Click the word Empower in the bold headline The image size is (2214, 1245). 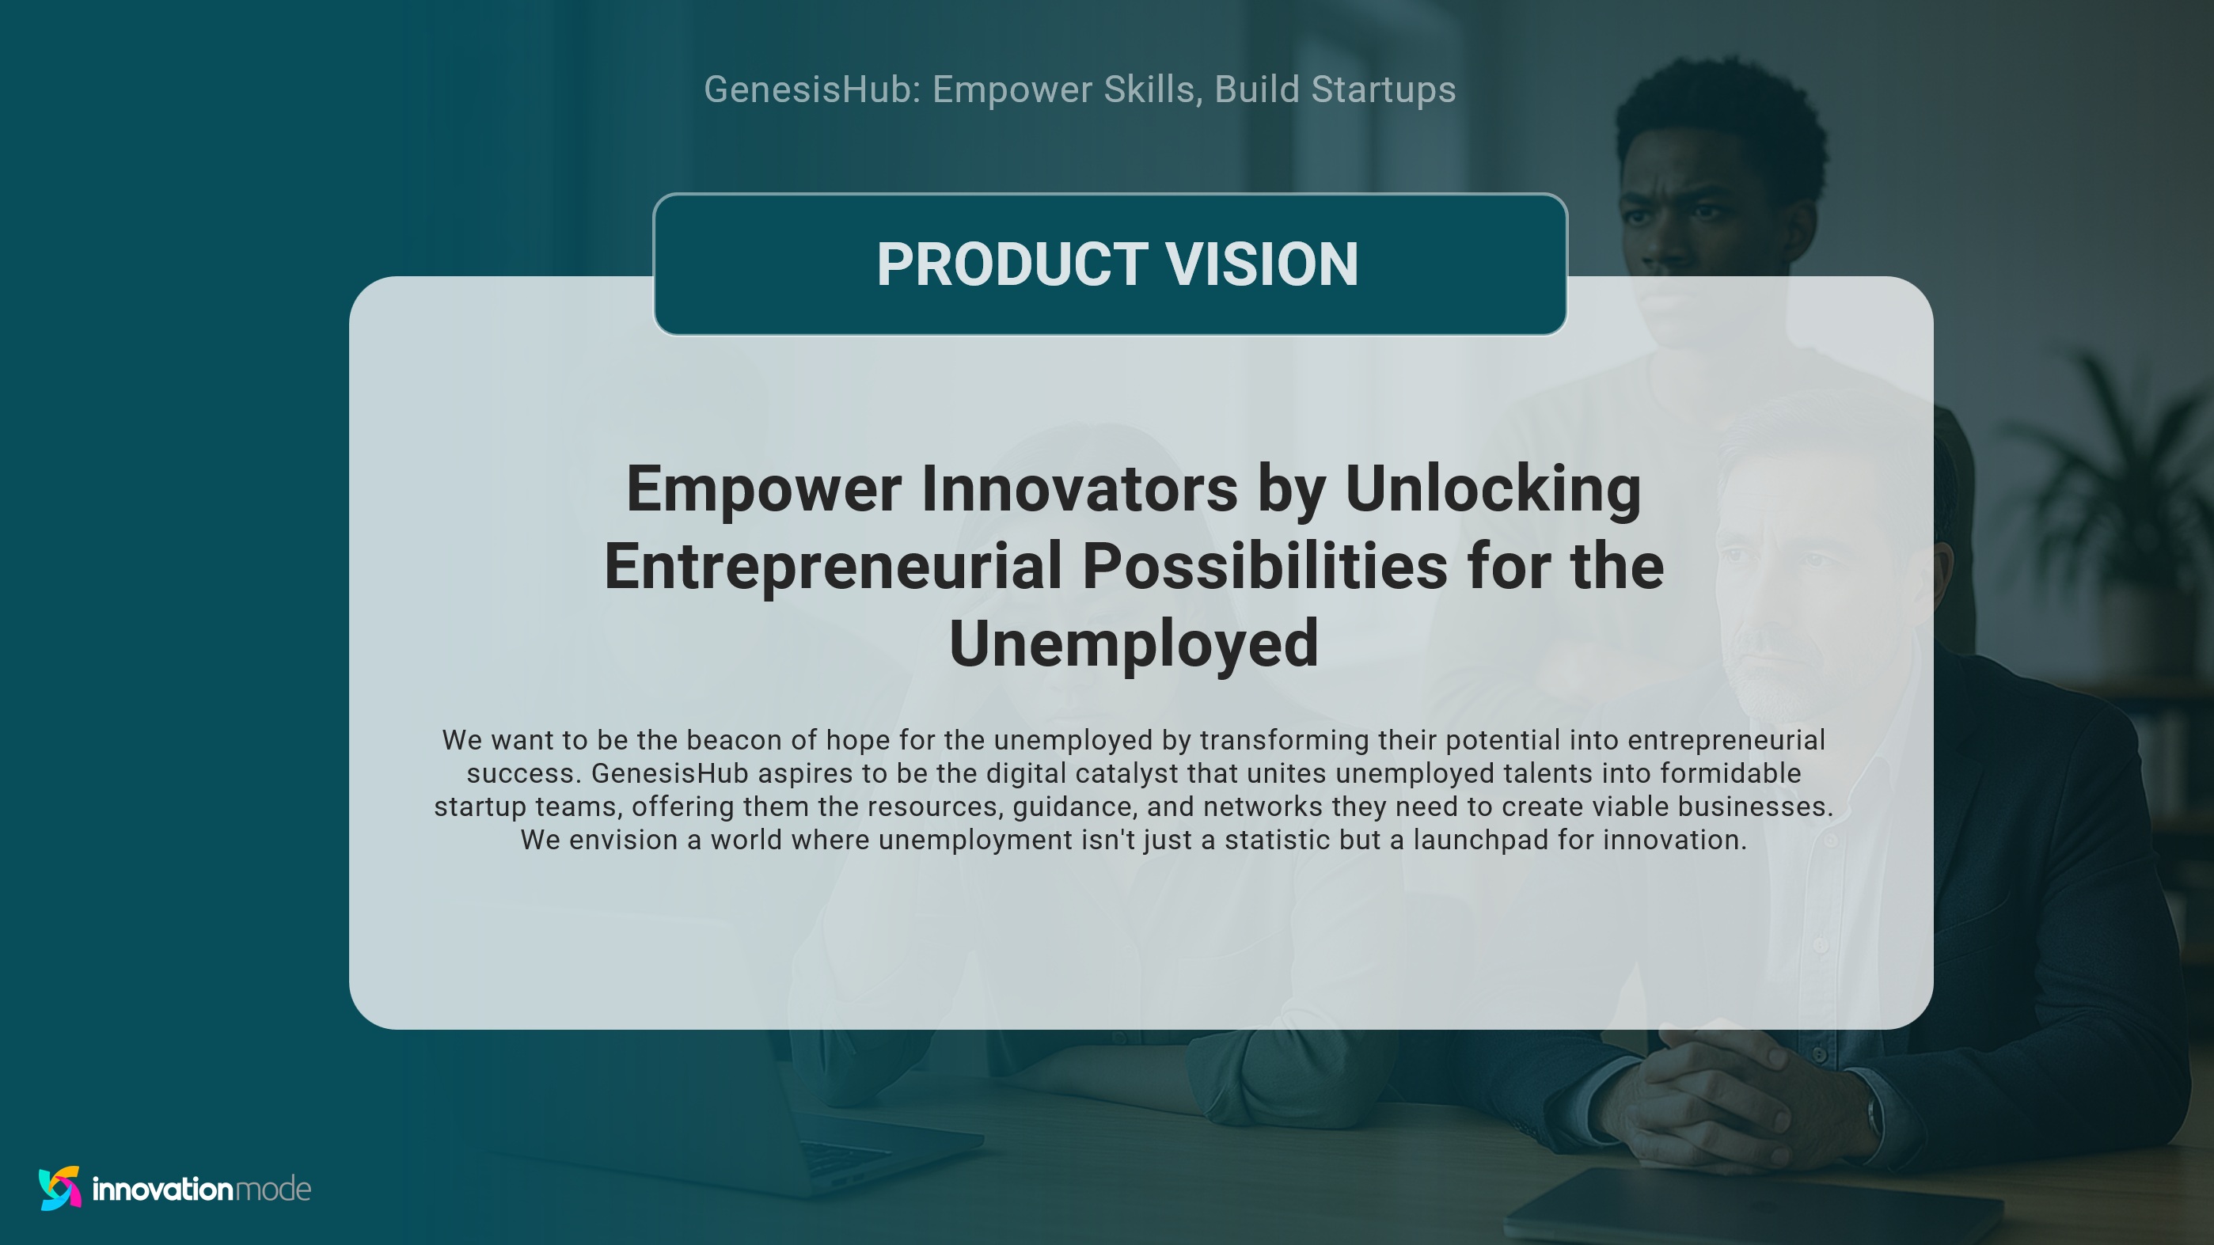click(x=763, y=489)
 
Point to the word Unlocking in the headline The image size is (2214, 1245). click(x=1493, y=489)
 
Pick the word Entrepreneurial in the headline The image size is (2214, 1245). click(x=833, y=566)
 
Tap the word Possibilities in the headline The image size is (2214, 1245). click(x=1264, y=566)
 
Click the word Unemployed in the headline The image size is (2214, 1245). click(x=1134, y=643)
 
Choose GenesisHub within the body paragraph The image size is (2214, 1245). click(x=670, y=773)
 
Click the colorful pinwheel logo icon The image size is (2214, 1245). click(x=60, y=1188)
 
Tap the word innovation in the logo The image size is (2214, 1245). click(x=161, y=1189)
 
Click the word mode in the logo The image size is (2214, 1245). click(x=272, y=1189)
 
